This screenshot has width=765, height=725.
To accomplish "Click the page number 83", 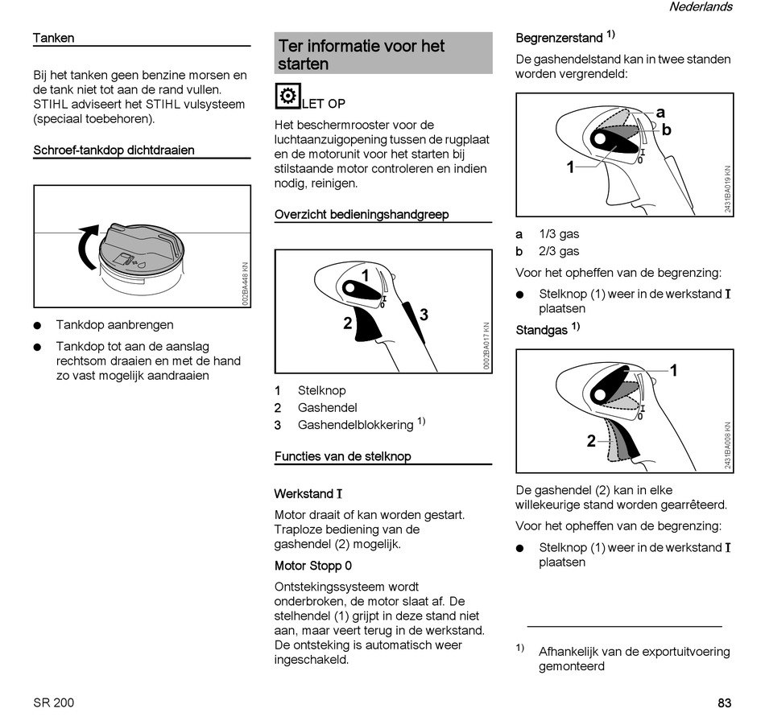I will [x=724, y=702].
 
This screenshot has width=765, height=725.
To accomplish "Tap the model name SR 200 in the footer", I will [x=54, y=702].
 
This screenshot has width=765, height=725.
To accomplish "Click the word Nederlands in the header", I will [x=701, y=7].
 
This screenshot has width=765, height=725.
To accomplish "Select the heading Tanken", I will [x=54, y=38].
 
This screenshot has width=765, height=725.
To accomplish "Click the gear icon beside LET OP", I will [x=287, y=97].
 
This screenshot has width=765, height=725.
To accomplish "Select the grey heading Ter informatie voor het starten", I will [x=362, y=54].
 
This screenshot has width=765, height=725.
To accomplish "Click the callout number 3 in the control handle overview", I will [x=424, y=315].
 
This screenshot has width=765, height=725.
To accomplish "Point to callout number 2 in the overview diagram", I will [x=347, y=323].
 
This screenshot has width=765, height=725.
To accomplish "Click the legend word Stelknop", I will [x=322, y=390].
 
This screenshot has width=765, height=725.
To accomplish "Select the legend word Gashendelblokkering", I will [x=355, y=425].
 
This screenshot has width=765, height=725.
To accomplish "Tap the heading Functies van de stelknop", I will [x=343, y=456].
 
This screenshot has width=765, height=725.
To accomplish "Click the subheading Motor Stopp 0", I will [x=313, y=566].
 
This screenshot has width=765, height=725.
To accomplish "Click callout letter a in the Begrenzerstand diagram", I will [x=660, y=113].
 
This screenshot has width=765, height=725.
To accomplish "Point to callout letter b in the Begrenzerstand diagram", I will [x=666, y=130].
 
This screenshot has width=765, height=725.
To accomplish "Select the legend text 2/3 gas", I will [x=559, y=251].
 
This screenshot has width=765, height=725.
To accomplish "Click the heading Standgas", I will [x=542, y=330].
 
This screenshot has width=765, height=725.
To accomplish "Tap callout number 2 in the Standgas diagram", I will [x=591, y=441].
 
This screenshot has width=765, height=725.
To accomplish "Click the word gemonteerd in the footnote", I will [x=572, y=666].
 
